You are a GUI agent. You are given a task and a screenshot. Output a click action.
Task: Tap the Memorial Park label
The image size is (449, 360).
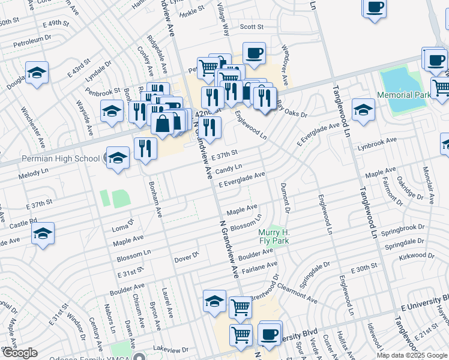click(403, 95)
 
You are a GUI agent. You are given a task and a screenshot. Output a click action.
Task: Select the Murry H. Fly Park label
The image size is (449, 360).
click(274, 236)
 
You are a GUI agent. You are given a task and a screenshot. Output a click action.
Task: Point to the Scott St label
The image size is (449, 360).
click(252, 27)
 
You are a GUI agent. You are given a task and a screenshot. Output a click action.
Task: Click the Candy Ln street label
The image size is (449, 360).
click(229, 170)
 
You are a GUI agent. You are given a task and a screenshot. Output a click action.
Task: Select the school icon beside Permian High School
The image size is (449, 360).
click(118, 158)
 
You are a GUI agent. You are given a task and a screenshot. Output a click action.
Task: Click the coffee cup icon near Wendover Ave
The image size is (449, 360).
click(254, 53)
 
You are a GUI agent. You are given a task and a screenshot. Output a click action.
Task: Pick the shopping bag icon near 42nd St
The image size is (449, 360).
click(163, 124)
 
